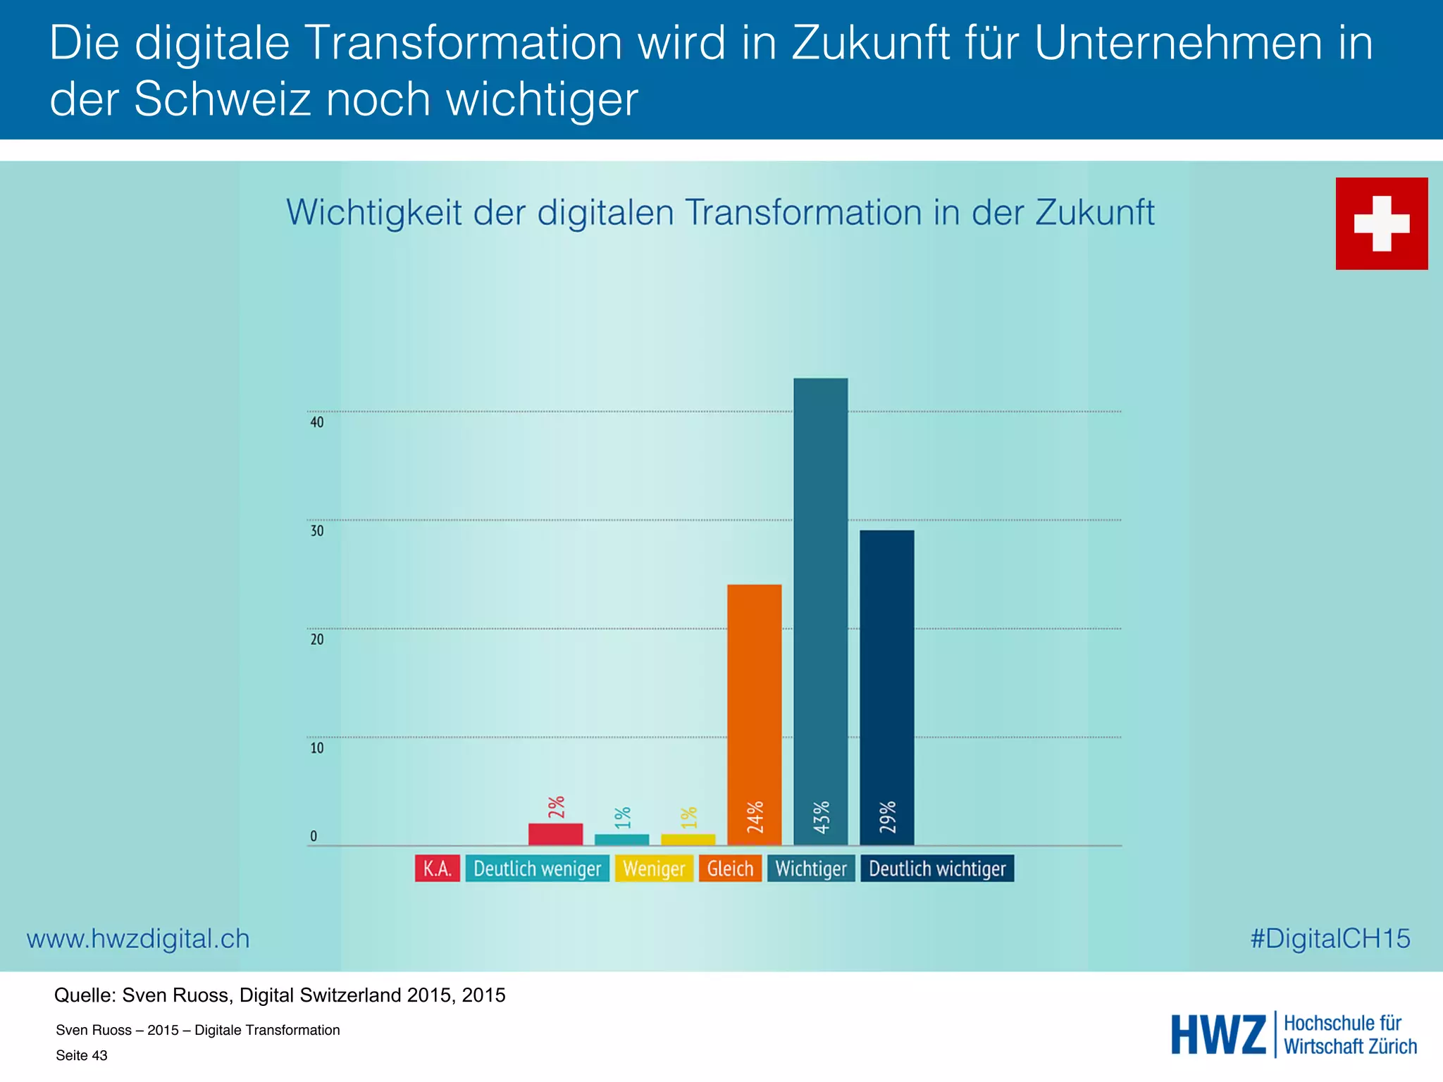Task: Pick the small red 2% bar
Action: [x=555, y=834]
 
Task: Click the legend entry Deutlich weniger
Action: [x=537, y=869]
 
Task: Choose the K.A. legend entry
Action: [x=437, y=869]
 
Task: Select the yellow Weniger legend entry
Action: [x=654, y=869]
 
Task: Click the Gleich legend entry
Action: [x=730, y=869]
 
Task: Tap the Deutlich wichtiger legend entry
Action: [x=937, y=869]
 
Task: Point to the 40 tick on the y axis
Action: [x=317, y=422]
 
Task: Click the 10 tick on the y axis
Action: [x=317, y=748]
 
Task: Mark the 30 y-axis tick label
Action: [x=317, y=531]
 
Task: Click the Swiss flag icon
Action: [x=1381, y=223]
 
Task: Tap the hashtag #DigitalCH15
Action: [x=1330, y=938]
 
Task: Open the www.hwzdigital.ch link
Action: [x=138, y=939]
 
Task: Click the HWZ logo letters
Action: [x=1218, y=1035]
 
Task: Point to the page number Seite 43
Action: [x=82, y=1055]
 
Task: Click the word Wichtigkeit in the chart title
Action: [x=373, y=213]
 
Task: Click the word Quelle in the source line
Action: [x=85, y=995]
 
